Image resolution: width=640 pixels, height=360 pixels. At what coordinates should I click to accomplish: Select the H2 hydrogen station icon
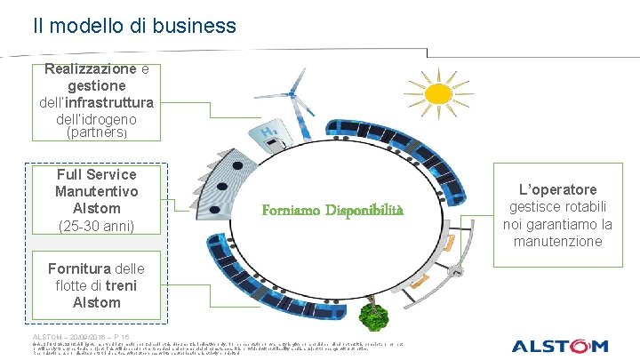[268, 136]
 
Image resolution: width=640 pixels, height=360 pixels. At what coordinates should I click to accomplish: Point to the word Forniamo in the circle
[291, 211]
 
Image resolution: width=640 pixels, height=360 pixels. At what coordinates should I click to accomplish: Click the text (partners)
[97, 132]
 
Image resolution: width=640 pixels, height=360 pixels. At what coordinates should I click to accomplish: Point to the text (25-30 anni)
[96, 226]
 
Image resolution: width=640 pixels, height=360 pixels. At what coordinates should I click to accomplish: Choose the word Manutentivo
[96, 191]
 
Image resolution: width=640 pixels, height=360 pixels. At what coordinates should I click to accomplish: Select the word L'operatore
[560, 189]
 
